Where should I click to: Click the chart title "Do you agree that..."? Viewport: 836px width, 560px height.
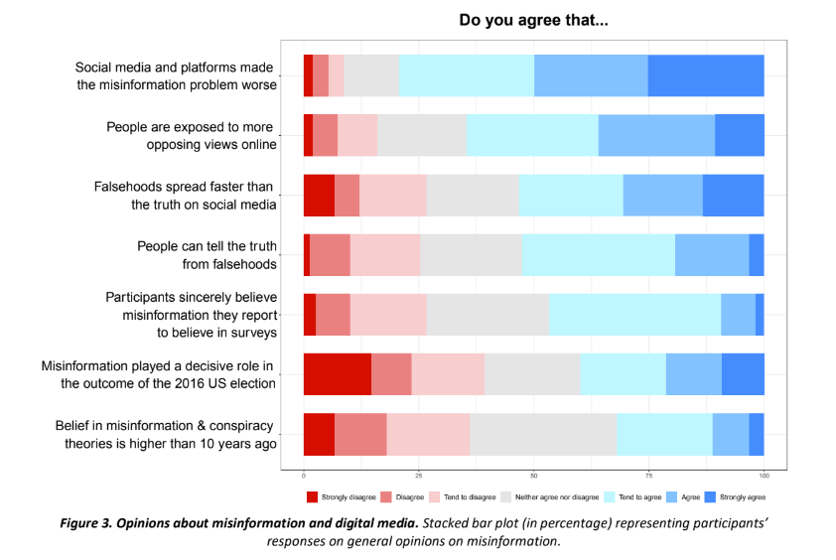click(533, 20)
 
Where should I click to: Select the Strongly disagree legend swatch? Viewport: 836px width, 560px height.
click(311, 496)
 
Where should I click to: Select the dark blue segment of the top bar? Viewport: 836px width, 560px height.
click(706, 75)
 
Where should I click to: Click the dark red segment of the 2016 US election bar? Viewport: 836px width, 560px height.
click(338, 373)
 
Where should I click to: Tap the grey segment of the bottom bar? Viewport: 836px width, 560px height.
click(543, 434)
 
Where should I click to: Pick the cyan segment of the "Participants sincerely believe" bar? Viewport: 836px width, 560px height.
click(634, 314)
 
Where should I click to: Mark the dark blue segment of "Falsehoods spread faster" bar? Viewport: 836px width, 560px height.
click(733, 195)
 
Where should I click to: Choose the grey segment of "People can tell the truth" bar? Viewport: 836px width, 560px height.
click(471, 254)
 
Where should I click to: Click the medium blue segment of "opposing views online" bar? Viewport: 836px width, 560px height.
click(656, 135)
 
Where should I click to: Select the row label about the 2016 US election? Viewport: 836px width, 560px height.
click(159, 373)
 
